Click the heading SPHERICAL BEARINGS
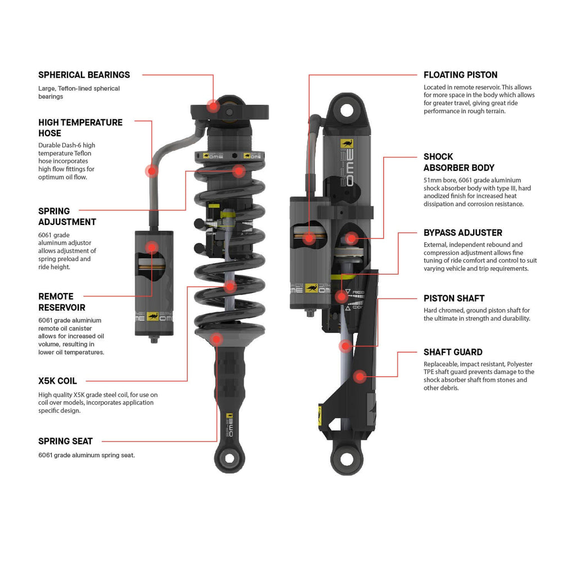(x=84, y=75)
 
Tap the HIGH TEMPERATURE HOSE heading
(x=80, y=128)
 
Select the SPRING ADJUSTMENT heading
(x=67, y=217)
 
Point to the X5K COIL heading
(x=57, y=381)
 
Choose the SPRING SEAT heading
(x=65, y=442)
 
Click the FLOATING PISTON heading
(x=460, y=75)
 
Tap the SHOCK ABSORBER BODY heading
(x=458, y=162)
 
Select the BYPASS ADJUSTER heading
(x=462, y=233)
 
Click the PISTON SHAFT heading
(x=453, y=299)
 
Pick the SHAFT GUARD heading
(x=452, y=352)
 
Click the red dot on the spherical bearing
(x=213, y=105)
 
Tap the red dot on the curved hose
(x=151, y=170)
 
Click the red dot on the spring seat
(x=217, y=338)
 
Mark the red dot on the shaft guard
(x=359, y=376)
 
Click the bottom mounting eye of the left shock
(x=229, y=457)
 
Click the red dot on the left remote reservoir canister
(x=151, y=246)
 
